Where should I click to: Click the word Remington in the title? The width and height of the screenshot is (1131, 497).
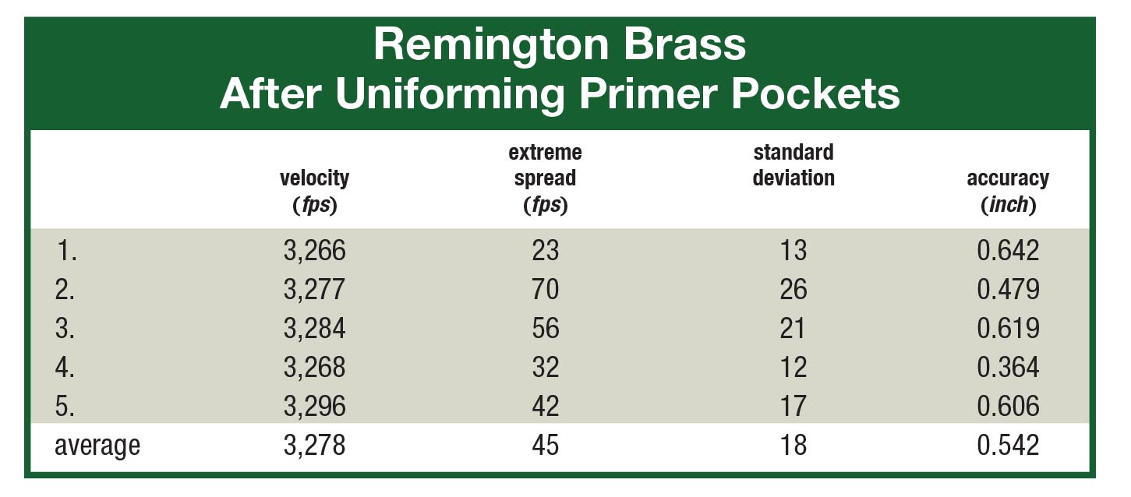point(491,46)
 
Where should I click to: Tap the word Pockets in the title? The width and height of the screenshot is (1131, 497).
point(815,93)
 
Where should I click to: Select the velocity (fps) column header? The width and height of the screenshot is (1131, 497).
point(315,191)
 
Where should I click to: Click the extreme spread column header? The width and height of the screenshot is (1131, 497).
point(546,178)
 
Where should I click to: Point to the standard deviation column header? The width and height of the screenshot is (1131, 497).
point(793,165)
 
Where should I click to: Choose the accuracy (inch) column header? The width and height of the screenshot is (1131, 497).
point(1008,191)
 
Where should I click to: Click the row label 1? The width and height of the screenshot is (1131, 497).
point(66,251)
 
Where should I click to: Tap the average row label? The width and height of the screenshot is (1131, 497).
point(97,446)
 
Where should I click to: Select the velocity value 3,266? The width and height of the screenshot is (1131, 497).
point(315,251)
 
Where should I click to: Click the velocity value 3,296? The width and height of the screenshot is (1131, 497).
point(315,406)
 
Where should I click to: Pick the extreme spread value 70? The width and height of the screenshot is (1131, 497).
point(546,290)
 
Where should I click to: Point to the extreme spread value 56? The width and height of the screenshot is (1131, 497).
point(546,329)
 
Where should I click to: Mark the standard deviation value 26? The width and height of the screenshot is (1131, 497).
point(793,290)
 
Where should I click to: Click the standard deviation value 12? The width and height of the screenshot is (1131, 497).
point(793,368)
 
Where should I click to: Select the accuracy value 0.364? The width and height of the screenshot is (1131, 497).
point(1009,368)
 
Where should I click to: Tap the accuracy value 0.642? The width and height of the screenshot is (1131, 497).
point(1009,251)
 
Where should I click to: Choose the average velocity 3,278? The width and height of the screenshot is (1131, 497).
point(315,446)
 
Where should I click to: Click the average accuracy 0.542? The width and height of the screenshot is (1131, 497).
point(1009,446)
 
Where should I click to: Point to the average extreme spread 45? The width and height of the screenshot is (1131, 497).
point(546,446)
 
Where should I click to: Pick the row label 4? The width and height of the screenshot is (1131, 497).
point(65,368)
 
